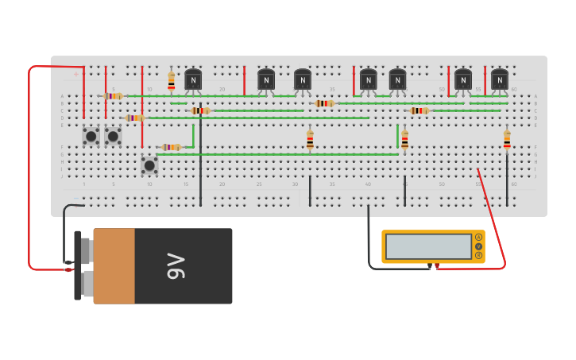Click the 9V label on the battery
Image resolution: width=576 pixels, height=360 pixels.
pyautogui.click(x=176, y=266)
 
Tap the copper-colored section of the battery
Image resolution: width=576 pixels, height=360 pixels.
pyautogui.click(x=114, y=266)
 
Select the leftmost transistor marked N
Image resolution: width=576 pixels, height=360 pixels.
pyautogui.click(x=193, y=79)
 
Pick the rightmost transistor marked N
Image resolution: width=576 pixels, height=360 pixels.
pyautogui.click(x=499, y=79)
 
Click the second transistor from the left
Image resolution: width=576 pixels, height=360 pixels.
pyautogui.click(x=266, y=79)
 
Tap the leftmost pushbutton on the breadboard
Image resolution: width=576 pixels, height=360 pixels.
pyautogui.click(x=91, y=136)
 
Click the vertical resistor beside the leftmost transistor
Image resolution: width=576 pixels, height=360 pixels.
pyautogui.click(x=171, y=81)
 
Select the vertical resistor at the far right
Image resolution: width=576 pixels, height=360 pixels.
pyautogui.click(x=507, y=140)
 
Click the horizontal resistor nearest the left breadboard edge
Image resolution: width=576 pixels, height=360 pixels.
pyautogui.click(x=113, y=95)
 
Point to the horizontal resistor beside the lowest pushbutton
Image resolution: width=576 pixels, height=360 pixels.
pyautogui.click(x=171, y=147)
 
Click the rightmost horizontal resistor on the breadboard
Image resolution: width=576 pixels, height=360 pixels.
pyautogui.click(x=419, y=110)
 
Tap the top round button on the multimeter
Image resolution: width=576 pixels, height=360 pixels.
pyautogui.click(x=478, y=238)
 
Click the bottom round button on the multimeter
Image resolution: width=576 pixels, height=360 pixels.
pyautogui.click(x=478, y=255)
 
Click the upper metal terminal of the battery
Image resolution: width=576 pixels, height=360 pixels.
pyautogui.click(x=85, y=250)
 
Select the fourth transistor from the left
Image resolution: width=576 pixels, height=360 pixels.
pyautogui.click(x=368, y=79)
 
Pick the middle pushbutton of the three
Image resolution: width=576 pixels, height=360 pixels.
pyautogui.click(x=113, y=136)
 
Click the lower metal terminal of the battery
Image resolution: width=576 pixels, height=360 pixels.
pyautogui.click(x=85, y=282)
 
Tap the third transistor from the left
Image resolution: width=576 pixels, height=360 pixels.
pyautogui.click(x=303, y=79)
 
